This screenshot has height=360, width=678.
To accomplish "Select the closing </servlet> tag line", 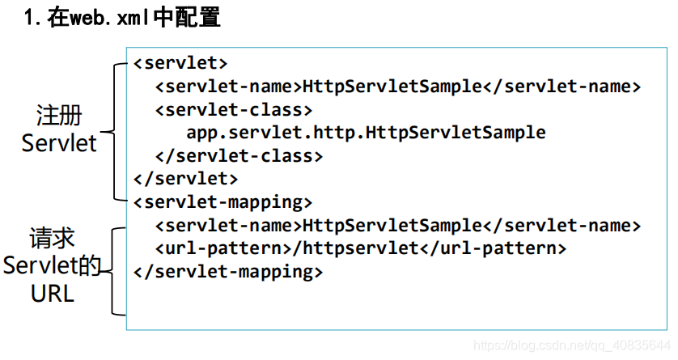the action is click(186, 178).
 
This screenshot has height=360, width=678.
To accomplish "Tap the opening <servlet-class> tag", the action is click(234, 109).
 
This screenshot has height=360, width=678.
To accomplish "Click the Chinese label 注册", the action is click(59, 114).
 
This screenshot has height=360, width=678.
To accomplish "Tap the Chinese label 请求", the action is click(53, 237).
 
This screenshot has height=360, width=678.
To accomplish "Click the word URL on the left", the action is click(53, 293).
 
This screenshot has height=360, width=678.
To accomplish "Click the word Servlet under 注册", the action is click(59, 143).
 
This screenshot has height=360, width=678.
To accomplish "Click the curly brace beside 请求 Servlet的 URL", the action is click(117, 271).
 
